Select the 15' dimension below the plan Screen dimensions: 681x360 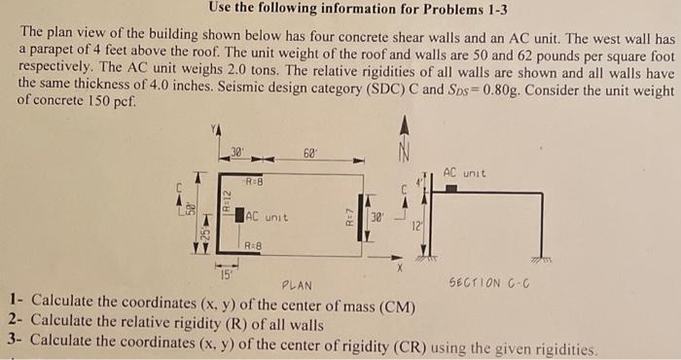click(225, 273)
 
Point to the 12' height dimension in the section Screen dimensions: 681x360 click(415, 226)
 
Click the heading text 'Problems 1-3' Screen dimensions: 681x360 click(458, 11)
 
